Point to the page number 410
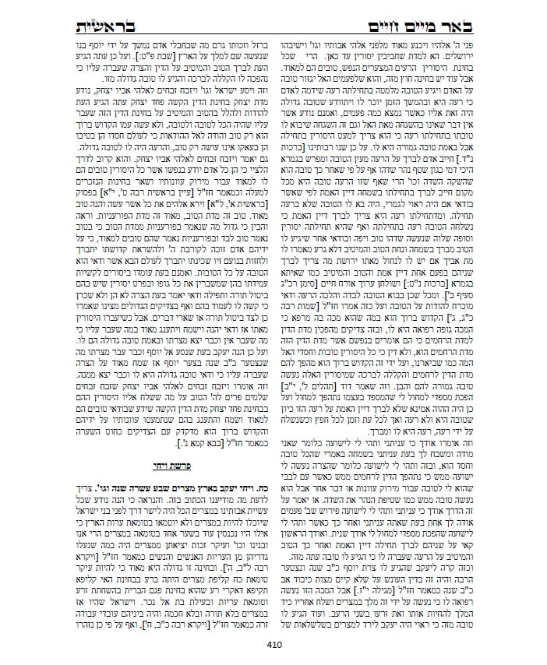[x=273, y=644]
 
